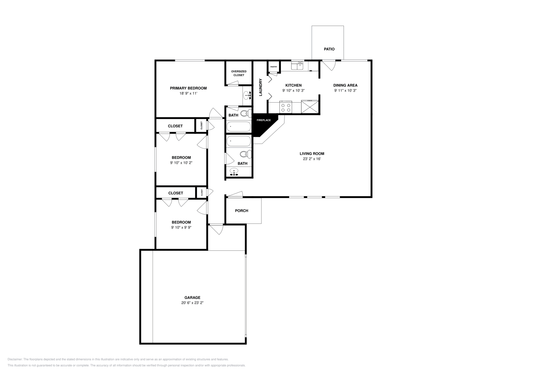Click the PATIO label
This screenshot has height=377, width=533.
pos(329,49)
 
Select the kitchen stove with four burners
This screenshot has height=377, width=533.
pos(286,107)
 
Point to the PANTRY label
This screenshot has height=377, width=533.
pos(273,67)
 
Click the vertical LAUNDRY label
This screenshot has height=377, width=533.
pos(261,87)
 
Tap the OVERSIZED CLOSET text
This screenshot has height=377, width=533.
pos(239,73)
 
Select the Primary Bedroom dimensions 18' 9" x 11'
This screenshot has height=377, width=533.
pos(188,94)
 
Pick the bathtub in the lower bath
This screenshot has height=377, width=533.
pos(239,141)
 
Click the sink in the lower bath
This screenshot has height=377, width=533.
pos(235,172)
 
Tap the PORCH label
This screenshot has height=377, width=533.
pos(242,211)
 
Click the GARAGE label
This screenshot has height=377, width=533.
pos(192,298)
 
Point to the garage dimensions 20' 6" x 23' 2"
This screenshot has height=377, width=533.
pos(192,303)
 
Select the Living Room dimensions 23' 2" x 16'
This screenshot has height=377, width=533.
pos(312,159)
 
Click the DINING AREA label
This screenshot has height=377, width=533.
pos(345,85)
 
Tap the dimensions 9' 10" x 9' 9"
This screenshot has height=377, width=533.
pos(181,227)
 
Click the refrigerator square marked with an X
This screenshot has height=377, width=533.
pos(310,107)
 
